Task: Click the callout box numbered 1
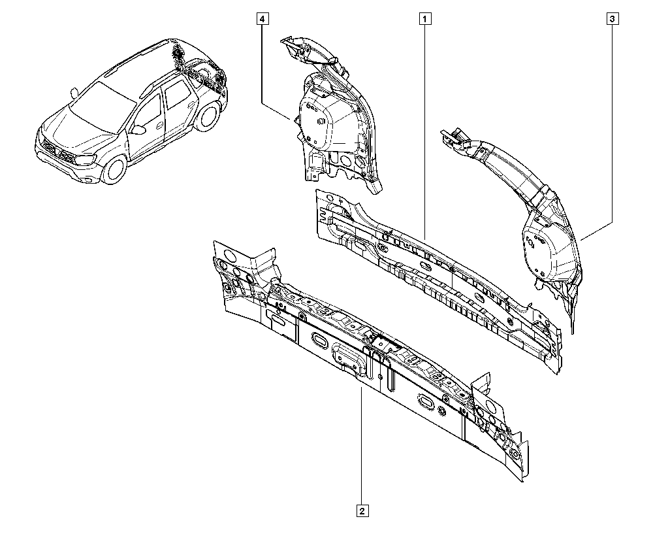(x=425, y=19)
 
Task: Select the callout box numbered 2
(x=362, y=511)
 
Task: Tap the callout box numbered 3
(x=613, y=19)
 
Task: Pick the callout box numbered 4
(x=262, y=19)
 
